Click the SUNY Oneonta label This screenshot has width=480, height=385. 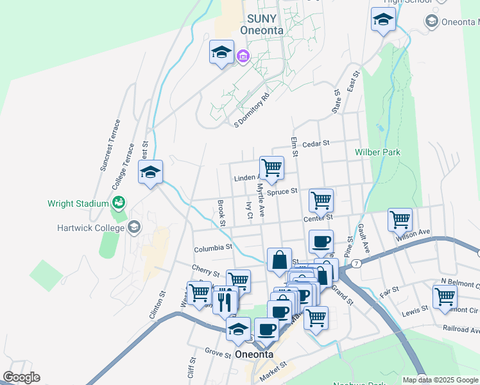point(262,24)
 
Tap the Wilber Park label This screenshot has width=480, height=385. point(377,152)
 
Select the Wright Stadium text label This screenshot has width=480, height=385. point(78,204)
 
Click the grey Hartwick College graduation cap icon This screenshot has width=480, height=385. point(134,226)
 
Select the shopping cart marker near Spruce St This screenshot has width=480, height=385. point(321,200)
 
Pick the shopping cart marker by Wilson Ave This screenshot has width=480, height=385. point(400,219)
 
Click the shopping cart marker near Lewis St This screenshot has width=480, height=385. point(444,296)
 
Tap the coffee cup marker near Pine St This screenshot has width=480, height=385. point(321,242)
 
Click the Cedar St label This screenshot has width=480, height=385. point(316,144)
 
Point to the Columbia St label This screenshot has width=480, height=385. point(212,248)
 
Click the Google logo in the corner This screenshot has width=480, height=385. point(21,377)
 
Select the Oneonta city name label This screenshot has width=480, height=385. point(255,354)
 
